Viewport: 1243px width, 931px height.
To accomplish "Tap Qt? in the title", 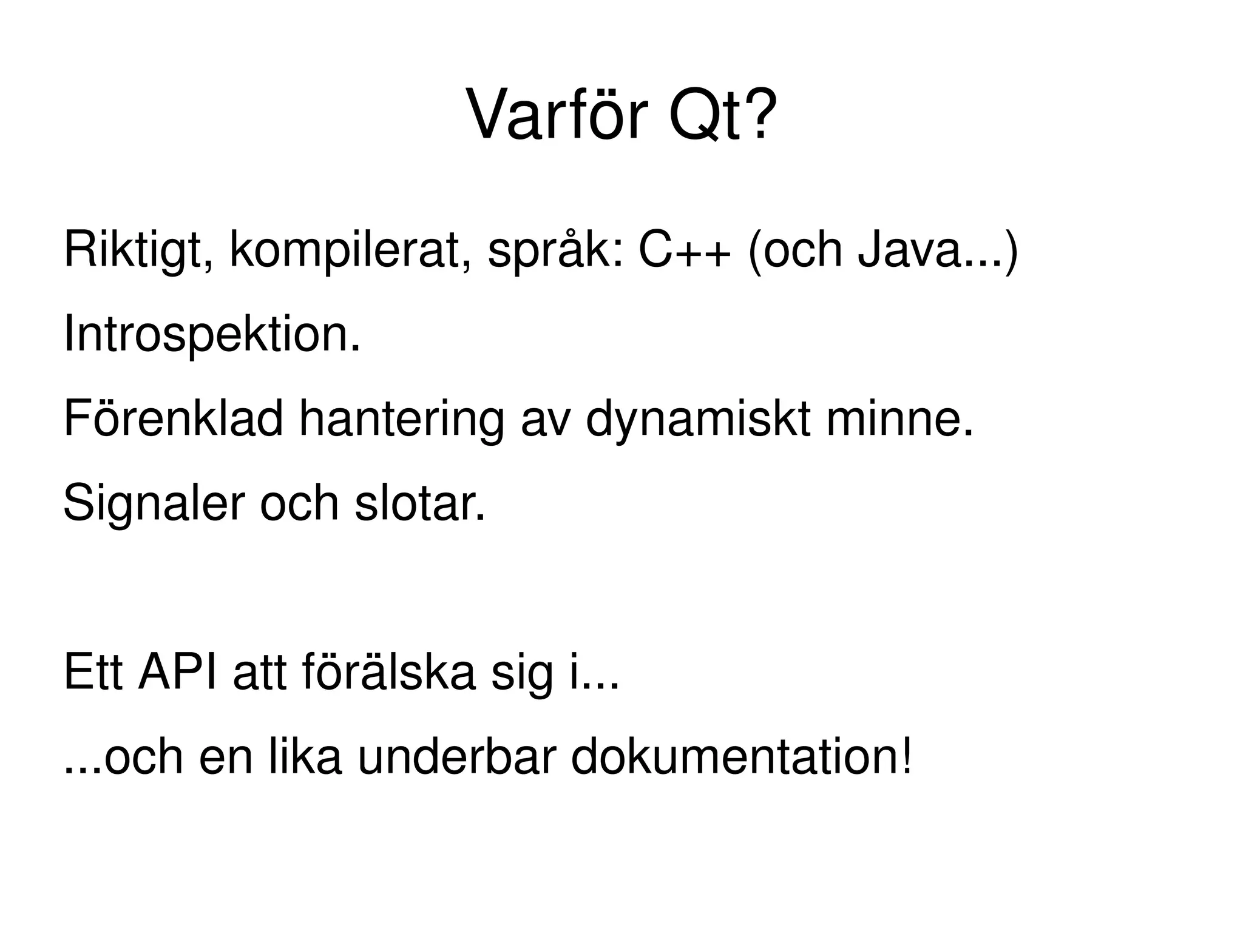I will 722,115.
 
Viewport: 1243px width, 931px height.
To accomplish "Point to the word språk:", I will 555,250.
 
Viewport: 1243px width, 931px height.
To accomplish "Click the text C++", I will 684,250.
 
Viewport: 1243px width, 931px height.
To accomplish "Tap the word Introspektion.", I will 212,335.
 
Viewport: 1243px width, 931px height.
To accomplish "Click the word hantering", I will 401,419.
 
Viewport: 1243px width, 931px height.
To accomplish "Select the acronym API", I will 177,673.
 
